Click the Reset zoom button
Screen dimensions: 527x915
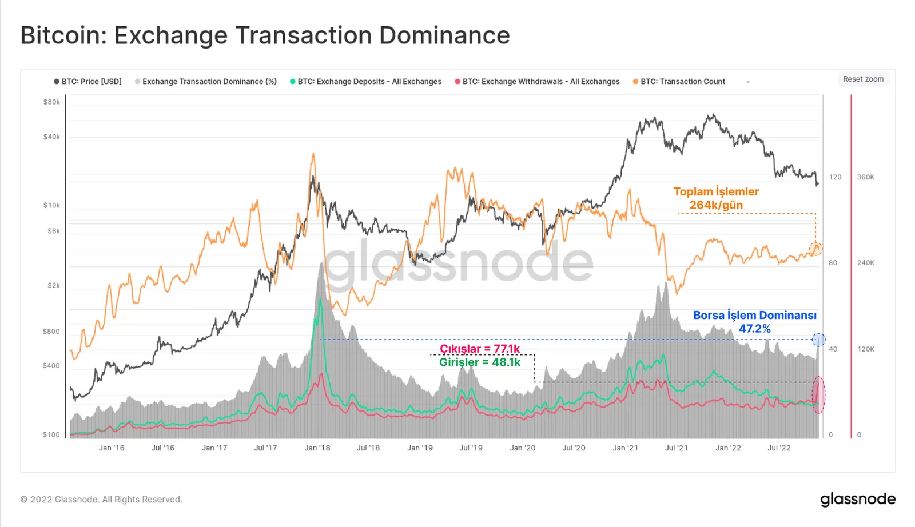pos(863,79)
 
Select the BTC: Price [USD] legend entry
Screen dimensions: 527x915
pos(88,82)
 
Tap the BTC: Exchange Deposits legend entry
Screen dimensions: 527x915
pos(366,82)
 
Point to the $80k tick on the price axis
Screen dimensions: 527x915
pos(51,102)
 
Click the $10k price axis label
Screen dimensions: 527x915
pos(51,205)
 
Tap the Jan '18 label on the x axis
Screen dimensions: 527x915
pos(317,448)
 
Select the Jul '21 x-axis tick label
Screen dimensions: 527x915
pos(677,448)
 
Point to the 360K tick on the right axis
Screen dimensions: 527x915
pos(865,177)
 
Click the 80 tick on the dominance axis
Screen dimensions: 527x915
pos(833,263)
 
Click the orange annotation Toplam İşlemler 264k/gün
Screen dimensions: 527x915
pos(716,198)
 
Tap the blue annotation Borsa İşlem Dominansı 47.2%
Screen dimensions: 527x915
pos(755,322)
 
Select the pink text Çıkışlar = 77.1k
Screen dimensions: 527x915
pos(480,349)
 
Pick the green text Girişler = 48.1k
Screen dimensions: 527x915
pos(480,362)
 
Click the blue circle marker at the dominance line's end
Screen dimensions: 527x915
pos(818,340)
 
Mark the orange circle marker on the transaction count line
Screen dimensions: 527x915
pos(815,249)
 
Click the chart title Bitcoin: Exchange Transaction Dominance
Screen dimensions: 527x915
pos(265,35)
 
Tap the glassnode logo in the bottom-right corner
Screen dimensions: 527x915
pos(858,500)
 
